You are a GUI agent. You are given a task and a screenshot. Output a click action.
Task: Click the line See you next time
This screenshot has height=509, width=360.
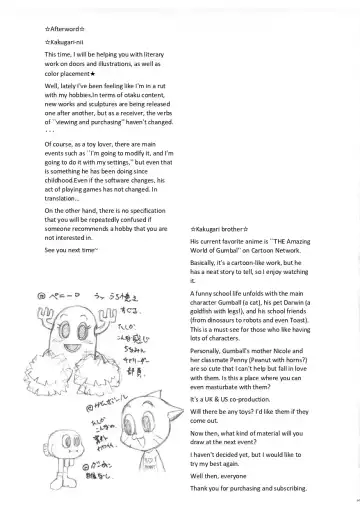tap(70, 250)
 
